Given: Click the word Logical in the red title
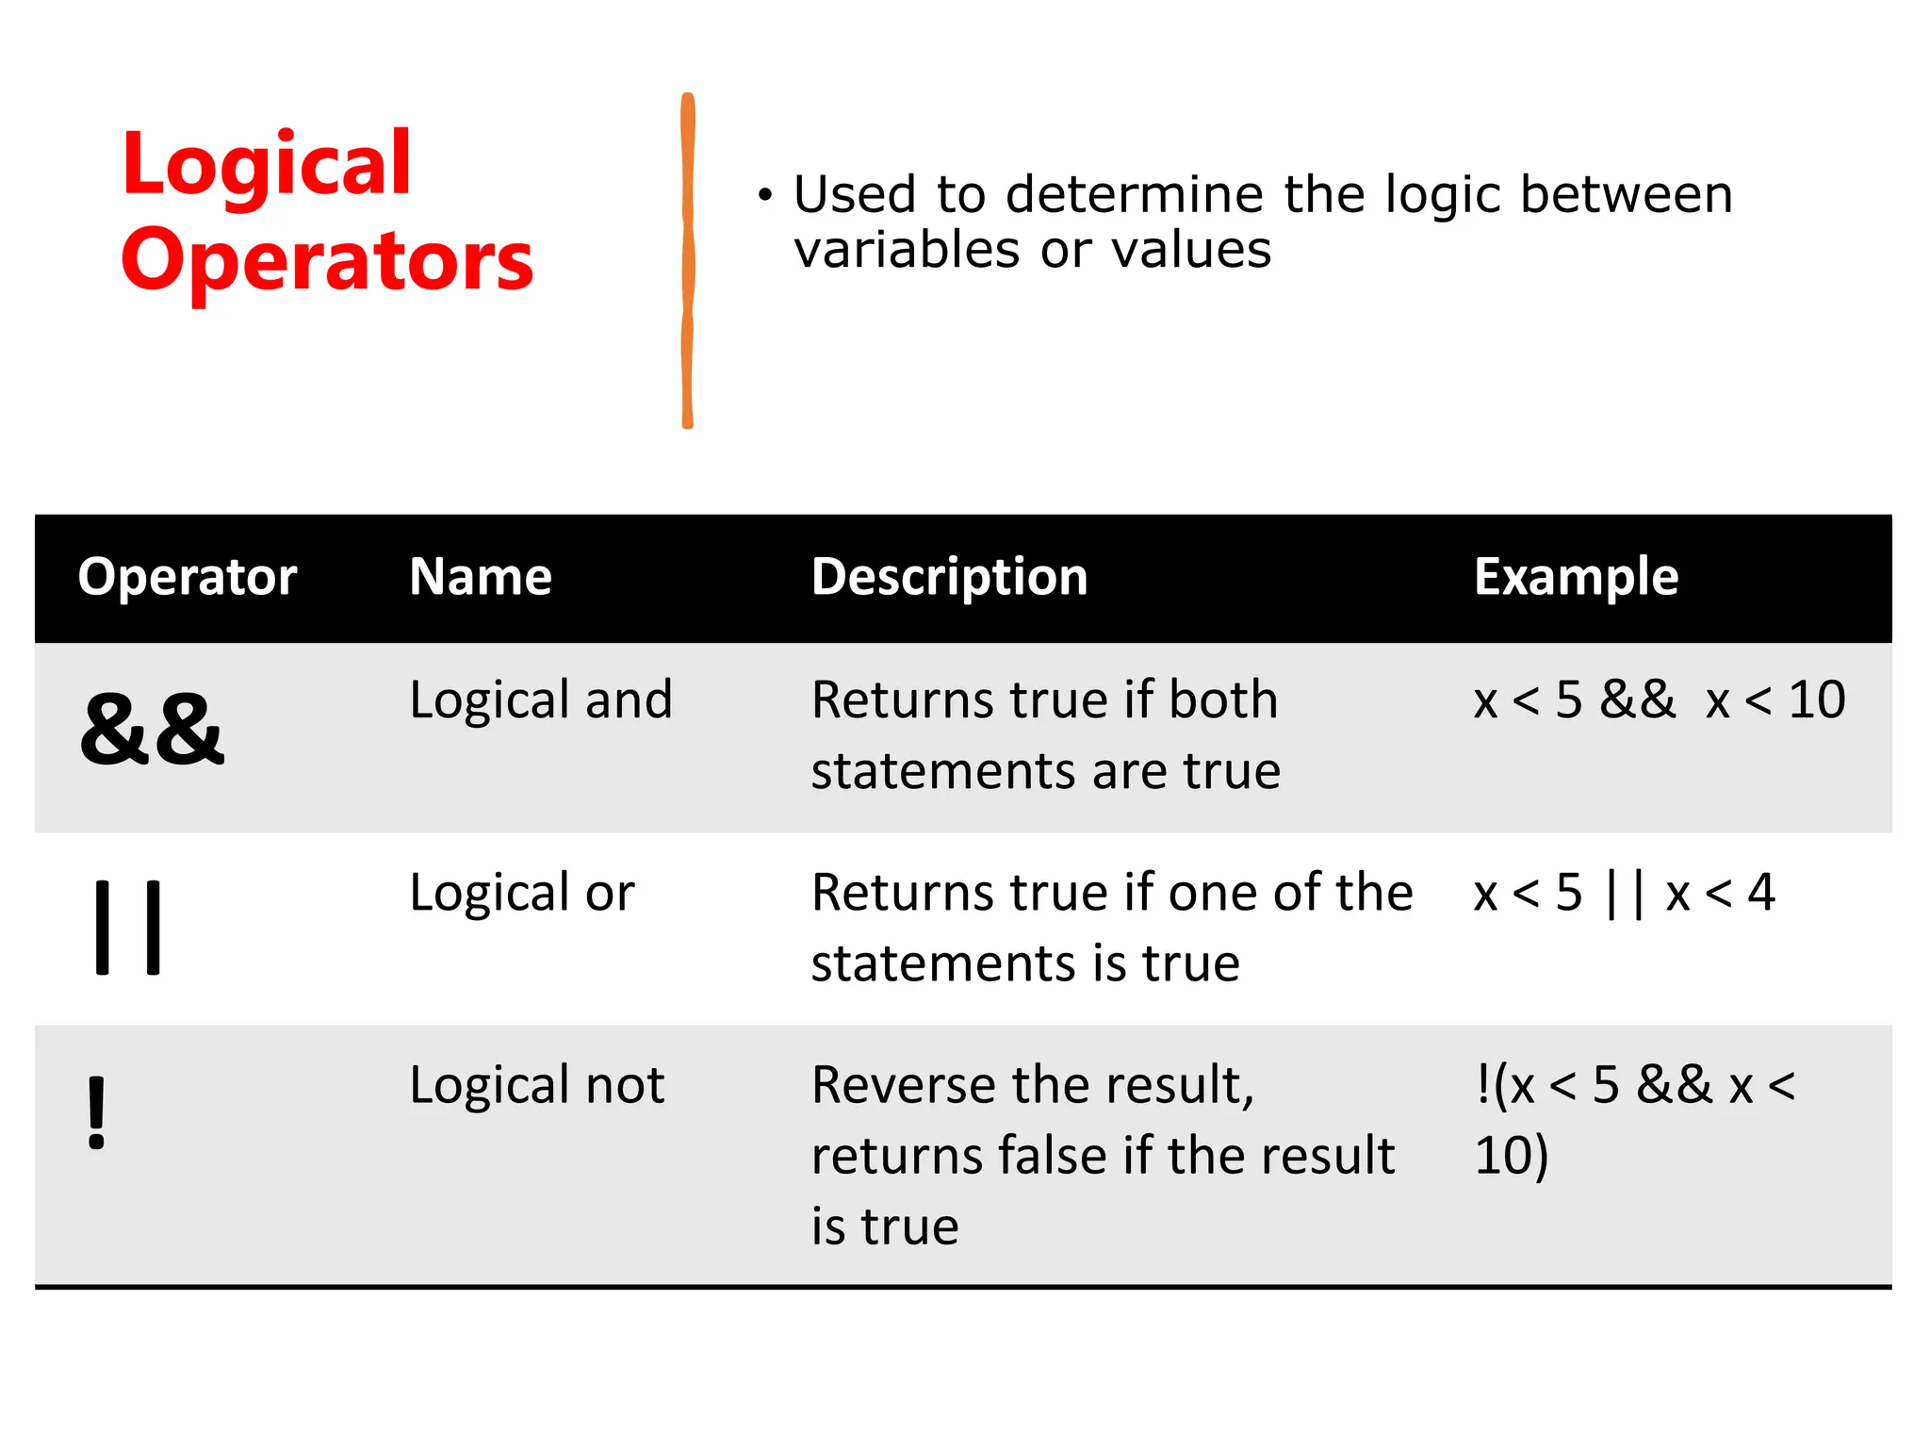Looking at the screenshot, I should pyautogui.click(x=267, y=166).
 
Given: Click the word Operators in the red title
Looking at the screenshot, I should pyautogui.click(x=327, y=261).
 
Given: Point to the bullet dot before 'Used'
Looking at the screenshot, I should pyautogui.click(x=764, y=196).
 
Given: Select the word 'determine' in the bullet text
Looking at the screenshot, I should pyautogui.click(x=1137, y=195).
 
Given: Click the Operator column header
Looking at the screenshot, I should pyautogui.click(x=188, y=577).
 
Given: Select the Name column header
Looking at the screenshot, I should pyautogui.click(x=481, y=577).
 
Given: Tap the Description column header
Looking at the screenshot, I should pyautogui.click(x=949, y=577).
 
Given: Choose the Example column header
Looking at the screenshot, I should pyautogui.click(x=1576, y=577).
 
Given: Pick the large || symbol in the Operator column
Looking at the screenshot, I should pyautogui.click(x=128, y=927).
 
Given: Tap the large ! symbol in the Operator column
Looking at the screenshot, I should pyautogui.click(x=96, y=1113).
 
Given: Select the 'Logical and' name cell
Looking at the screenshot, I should pyautogui.click(x=541, y=700).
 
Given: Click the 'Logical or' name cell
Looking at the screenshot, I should pyautogui.click(x=522, y=893).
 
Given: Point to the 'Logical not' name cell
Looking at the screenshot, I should pyautogui.click(x=537, y=1085).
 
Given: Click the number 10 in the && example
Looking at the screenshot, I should pyautogui.click(x=1816, y=700).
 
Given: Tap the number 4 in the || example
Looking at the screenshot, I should pyautogui.click(x=1760, y=893).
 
